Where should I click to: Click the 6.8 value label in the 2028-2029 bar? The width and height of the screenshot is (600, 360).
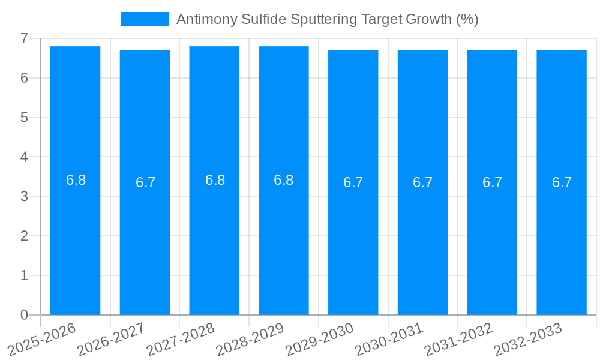tap(283, 180)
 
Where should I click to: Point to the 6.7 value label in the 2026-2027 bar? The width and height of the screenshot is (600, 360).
tap(145, 182)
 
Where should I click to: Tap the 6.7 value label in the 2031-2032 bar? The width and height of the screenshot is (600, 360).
tap(492, 182)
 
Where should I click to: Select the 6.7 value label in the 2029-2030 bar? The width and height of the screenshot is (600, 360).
tap(353, 182)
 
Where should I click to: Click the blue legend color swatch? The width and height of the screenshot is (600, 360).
tap(145, 19)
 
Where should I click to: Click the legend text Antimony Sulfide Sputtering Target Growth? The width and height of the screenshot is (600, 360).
tap(327, 19)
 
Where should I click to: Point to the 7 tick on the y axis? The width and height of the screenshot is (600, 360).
tap(24, 38)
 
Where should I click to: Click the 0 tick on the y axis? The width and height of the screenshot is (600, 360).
tap(24, 314)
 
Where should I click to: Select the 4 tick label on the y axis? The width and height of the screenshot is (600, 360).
tap(24, 157)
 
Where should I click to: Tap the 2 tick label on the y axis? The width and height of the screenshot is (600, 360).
tap(24, 236)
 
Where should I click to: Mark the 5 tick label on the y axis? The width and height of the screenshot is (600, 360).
tap(24, 117)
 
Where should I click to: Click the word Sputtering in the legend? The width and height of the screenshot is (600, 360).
tap(323, 19)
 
